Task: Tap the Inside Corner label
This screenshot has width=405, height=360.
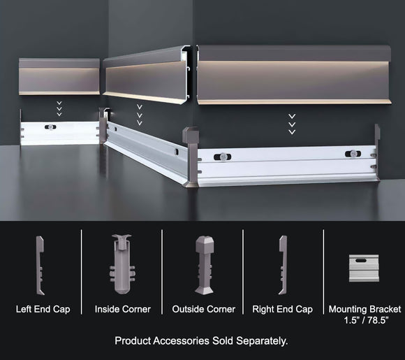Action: [122, 308]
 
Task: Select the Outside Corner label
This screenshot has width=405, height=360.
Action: [203, 308]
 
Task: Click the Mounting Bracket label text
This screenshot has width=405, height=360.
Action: [363, 308]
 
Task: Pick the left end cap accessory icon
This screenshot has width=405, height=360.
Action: [40, 266]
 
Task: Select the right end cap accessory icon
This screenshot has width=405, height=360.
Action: [283, 266]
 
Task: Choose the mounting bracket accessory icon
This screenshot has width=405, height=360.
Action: [363, 266]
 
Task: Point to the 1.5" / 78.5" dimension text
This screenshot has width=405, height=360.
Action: [363, 319]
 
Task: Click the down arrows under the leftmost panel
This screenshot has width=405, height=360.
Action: [59, 108]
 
